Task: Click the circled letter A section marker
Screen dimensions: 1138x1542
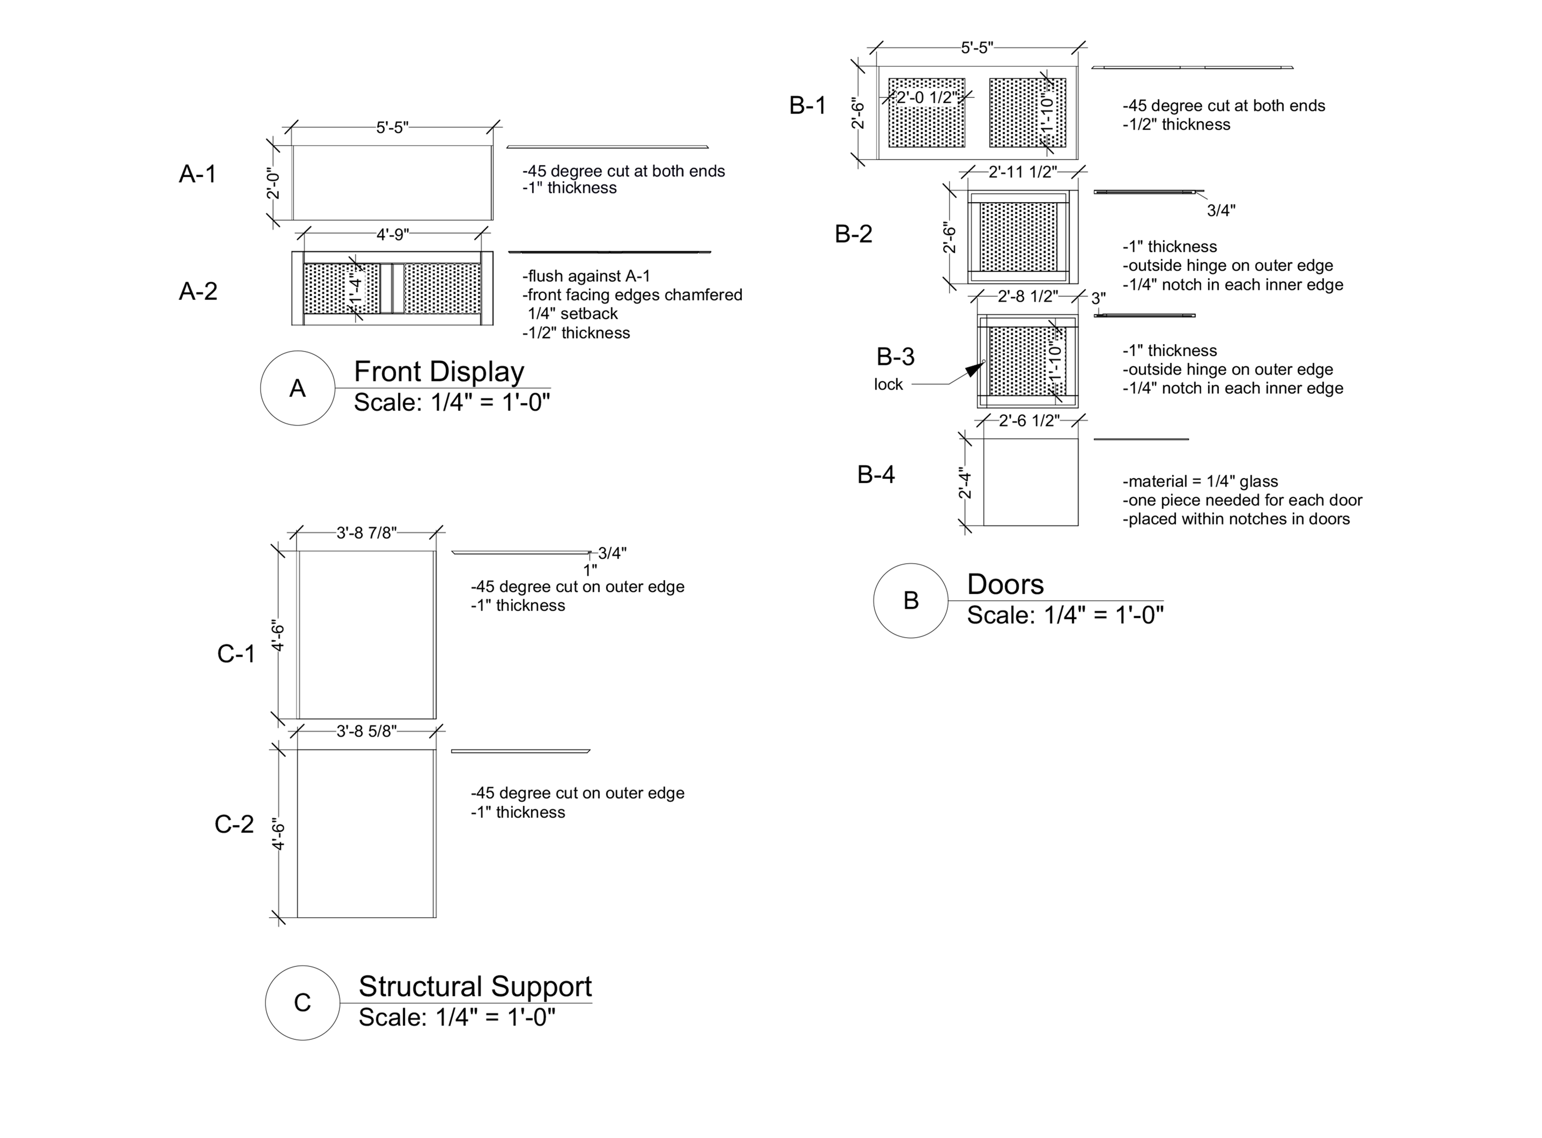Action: (x=297, y=389)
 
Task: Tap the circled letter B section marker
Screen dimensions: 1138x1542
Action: (x=910, y=601)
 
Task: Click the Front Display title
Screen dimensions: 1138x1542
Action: (x=439, y=372)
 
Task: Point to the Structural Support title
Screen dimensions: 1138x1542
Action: (x=475, y=986)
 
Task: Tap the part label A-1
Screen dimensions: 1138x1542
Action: (x=198, y=174)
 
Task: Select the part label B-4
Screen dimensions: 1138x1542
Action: (x=876, y=475)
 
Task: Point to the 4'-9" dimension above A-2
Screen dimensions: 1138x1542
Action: (x=392, y=235)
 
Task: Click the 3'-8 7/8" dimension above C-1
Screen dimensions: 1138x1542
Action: (x=367, y=533)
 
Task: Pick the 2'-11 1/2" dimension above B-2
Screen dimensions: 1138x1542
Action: (x=1023, y=171)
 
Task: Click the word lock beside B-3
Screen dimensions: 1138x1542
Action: (x=888, y=384)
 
